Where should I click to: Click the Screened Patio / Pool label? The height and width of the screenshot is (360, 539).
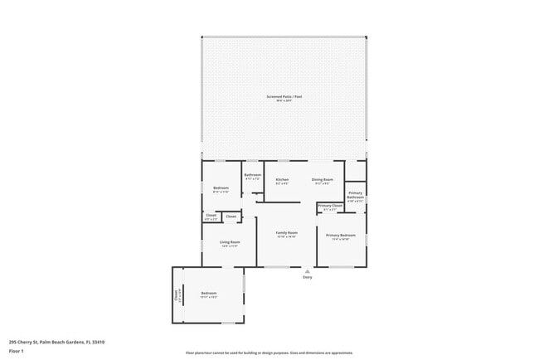(284, 97)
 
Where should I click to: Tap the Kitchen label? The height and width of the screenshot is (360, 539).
(282, 179)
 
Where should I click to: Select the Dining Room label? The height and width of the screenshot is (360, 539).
(322, 179)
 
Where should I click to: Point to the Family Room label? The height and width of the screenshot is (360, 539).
(286, 232)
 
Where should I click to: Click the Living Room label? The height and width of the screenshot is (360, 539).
(229, 242)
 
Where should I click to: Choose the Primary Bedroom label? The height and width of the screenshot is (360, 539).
(340, 235)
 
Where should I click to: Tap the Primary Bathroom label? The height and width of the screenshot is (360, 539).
(355, 195)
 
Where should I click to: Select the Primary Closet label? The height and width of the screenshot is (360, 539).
(330, 206)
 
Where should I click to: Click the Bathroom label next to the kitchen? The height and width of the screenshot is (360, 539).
(252, 175)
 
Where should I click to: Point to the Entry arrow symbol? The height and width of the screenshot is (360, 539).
(308, 270)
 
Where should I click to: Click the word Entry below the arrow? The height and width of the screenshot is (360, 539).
(308, 277)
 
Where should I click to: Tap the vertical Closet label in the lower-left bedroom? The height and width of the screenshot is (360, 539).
(176, 295)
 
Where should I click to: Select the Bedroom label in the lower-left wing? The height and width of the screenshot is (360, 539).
(208, 293)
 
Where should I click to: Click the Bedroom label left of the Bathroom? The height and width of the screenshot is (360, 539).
(221, 187)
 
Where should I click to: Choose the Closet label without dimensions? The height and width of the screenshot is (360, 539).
(231, 216)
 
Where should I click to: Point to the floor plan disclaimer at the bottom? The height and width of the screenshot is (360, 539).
(269, 353)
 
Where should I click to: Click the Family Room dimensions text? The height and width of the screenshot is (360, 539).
(286, 237)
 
